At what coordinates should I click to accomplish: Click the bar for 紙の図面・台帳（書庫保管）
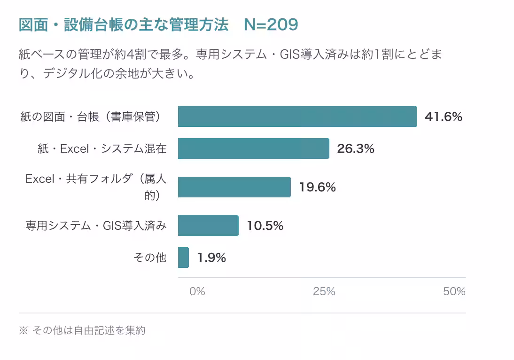click(297, 117)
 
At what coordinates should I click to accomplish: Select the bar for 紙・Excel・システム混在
click(253, 149)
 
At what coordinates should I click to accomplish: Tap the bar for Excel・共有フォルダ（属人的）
click(234, 187)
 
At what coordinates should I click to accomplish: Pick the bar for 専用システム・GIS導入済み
click(208, 226)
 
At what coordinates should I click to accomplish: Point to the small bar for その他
click(183, 258)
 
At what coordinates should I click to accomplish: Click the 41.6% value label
click(443, 117)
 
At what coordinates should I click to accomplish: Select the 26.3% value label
click(356, 149)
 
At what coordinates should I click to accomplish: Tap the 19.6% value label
click(317, 187)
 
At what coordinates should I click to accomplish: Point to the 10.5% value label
click(265, 226)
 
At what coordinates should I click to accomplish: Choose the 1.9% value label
click(211, 258)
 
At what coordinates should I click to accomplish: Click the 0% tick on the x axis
click(197, 291)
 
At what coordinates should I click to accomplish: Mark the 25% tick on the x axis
click(324, 291)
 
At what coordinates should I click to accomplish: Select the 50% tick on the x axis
click(454, 291)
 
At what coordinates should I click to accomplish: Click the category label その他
click(150, 258)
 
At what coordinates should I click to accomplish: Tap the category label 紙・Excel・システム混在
click(102, 149)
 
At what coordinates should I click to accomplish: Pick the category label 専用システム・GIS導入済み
click(96, 226)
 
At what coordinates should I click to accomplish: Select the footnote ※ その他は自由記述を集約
click(82, 330)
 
